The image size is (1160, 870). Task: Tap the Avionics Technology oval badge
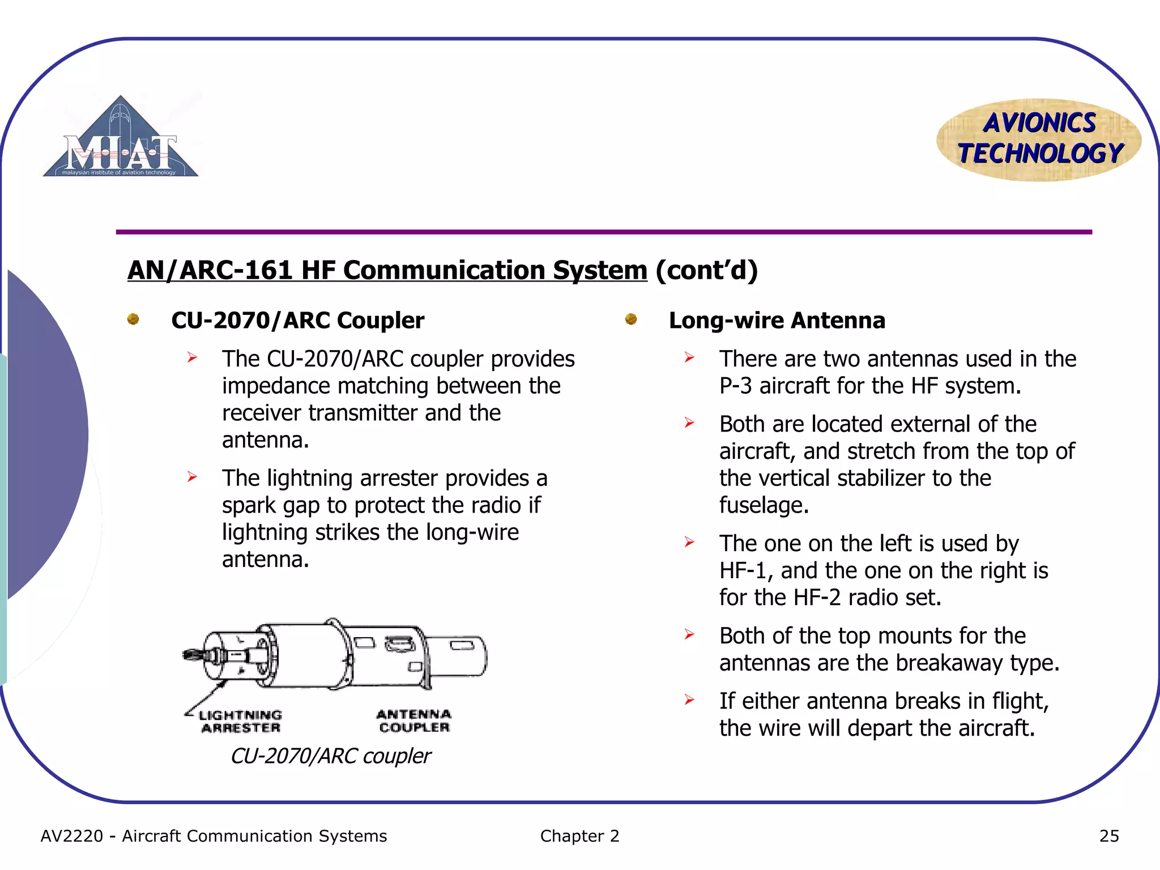[x=1039, y=139]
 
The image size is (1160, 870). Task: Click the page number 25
[x=1108, y=836]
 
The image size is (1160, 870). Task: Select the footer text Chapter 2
[x=579, y=836]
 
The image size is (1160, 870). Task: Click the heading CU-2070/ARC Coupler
[x=297, y=321]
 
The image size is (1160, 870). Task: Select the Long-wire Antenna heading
[x=777, y=321]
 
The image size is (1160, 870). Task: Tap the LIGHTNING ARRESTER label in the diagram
[x=241, y=722]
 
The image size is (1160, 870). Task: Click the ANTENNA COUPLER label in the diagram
[x=414, y=721]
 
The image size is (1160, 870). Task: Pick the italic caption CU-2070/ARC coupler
[x=330, y=756]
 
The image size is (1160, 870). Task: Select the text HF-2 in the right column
[x=817, y=598]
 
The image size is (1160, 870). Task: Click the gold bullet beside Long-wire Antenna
[x=631, y=320]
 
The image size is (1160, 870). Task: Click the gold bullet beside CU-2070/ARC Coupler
[x=134, y=320]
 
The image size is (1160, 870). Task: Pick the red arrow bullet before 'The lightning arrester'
[x=193, y=477]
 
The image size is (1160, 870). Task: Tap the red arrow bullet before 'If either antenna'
[x=689, y=700]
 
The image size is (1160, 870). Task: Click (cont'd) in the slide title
[x=706, y=270]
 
